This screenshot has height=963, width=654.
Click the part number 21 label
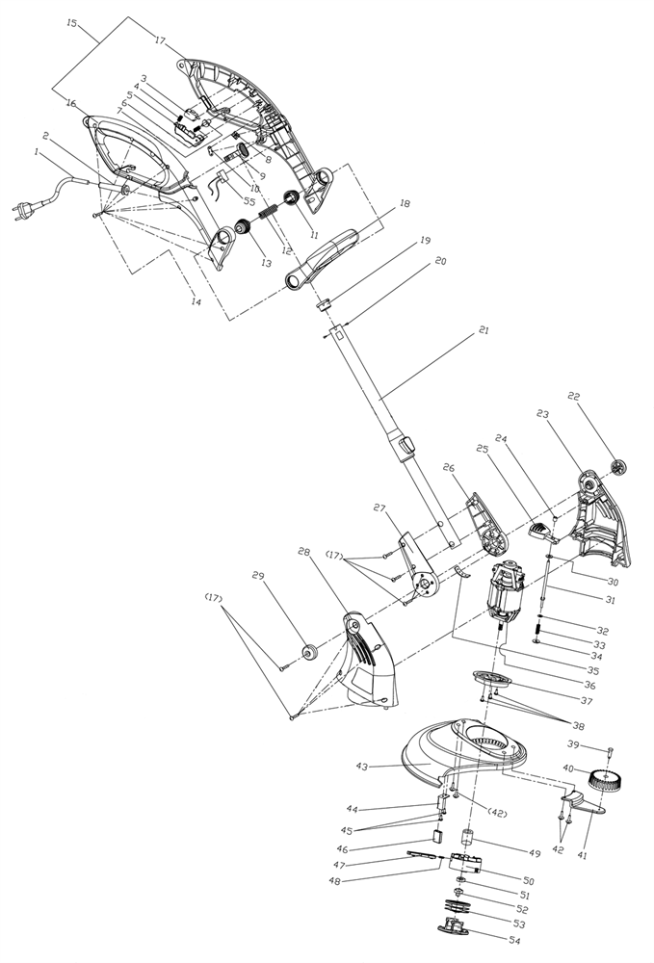484,330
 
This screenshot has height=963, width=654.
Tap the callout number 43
363,767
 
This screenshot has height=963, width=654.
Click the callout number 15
72,22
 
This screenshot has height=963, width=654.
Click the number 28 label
305,554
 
